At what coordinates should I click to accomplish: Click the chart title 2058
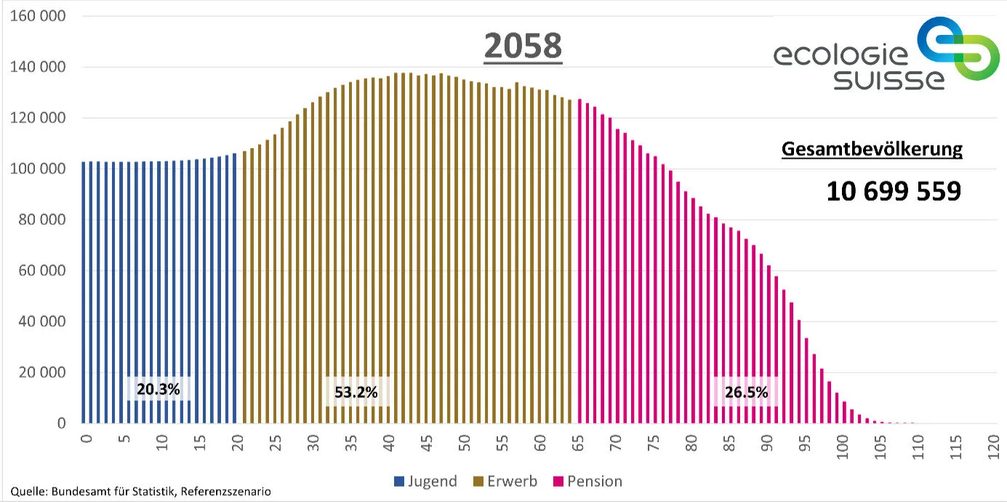coord(523,47)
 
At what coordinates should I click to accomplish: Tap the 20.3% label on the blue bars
coord(158,389)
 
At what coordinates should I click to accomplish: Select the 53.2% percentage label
coord(356,392)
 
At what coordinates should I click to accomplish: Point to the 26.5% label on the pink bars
coord(746,392)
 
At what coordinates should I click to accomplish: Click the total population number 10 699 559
coord(894,191)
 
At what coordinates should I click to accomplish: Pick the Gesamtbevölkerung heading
coord(872,150)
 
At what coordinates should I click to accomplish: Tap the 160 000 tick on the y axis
coord(37,16)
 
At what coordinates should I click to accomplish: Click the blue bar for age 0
coord(84,291)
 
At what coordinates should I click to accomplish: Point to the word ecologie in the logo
coord(840,56)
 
